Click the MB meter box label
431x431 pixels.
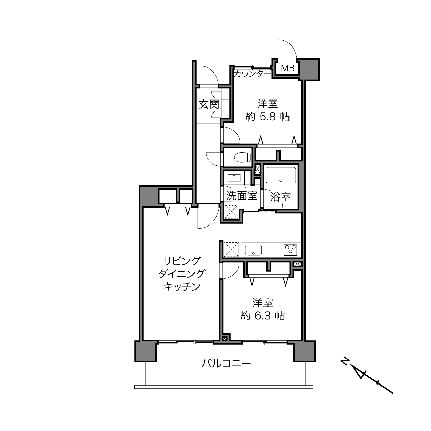pyautogui.click(x=287, y=68)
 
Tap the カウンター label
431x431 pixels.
pyautogui.click(x=253, y=74)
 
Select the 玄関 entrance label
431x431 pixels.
pyautogui.click(x=209, y=104)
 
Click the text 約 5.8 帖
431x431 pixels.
pyautogui.click(x=267, y=117)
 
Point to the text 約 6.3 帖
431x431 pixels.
pyautogui.click(x=263, y=316)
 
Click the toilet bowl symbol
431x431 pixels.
pyautogui.click(x=242, y=157)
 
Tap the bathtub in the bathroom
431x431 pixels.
pyautogui.click(x=281, y=175)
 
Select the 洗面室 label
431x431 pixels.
pyautogui.click(x=242, y=196)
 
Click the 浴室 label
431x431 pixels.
pyautogui.click(x=280, y=197)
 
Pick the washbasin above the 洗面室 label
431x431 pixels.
pyautogui.click(x=234, y=178)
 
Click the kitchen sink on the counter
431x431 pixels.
pyautogui.click(x=253, y=250)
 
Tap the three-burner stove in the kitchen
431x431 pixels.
pyautogui.click(x=290, y=250)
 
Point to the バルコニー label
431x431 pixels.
pyautogui.click(x=226, y=364)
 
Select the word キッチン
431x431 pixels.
pyautogui.click(x=182, y=286)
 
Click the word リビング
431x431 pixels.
pyautogui.click(x=181, y=261)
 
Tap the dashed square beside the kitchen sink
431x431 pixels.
pyautogui.click(x=232, y=250)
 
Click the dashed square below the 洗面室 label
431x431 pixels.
pyautogui.click(x=232, y=212)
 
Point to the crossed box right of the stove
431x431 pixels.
pyautogui.click(x=297, y=264)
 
